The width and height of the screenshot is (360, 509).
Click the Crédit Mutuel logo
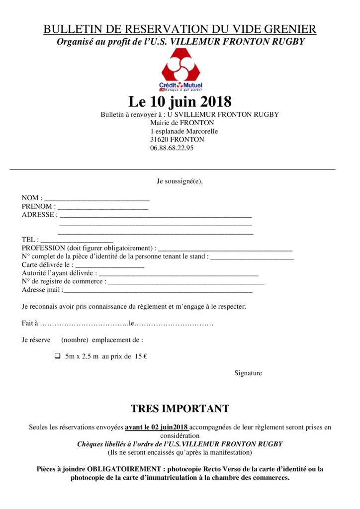(180, 70)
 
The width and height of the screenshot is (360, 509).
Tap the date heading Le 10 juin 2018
(180, 102)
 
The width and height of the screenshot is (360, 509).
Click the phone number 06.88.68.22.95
(172, 148)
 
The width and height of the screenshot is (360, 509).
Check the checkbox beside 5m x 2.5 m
(57, 356)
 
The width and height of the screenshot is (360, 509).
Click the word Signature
(248, 373)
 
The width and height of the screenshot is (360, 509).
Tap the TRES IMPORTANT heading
(180, 409)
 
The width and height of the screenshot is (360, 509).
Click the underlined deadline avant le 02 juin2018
(157, 427)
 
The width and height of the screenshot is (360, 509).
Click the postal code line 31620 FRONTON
(177, 140)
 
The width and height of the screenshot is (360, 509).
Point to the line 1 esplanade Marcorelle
(184, 131)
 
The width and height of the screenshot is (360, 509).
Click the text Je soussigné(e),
(180, 181)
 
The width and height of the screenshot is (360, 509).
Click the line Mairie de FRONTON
(182, 123)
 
